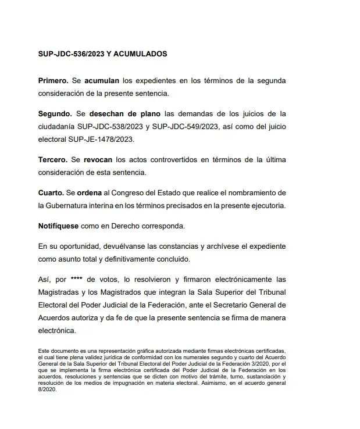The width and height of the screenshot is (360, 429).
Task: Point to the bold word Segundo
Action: pyautogui.click(x=55, y=113)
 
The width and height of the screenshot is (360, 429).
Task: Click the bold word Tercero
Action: pyautogui.click(x=54, y=159)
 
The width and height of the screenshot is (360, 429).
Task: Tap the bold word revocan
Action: pyautogui.click(x=96, y=159)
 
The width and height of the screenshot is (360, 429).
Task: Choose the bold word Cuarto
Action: pyautogui.click(x=52, y=192)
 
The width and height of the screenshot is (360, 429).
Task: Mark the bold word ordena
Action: pyautogui.click(x=89, y=192)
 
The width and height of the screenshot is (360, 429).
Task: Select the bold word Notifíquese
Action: pyautogui.click(x=61, y=226)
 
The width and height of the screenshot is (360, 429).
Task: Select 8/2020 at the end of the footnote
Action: pyautogui.click(x=46, y=389)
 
